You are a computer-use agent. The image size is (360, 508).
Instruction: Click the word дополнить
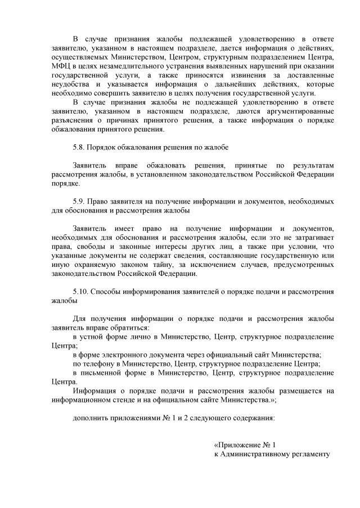tap(92, 419)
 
